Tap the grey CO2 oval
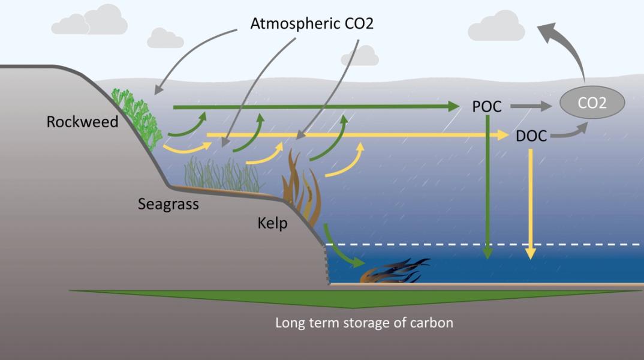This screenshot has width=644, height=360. pyautogui.click(x=592, y=103)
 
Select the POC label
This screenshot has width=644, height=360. pyautogui.click(x=486, y=107)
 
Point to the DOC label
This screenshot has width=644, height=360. pyautogui.click(x=531, y=136)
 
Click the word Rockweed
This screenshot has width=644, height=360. pyautogui.click(x=83, y=122)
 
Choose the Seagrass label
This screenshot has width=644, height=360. pyautogui.click(x=168, y=203)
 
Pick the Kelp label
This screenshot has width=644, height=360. pyautogui.click(x=272, y=224)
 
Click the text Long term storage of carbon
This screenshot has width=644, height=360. pyautogui.click(x=364, y=322)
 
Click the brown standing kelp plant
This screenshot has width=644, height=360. pyautogui.click(x=303, y=186)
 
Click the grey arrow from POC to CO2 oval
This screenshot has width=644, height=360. pyautogui.click(x=531, y=107)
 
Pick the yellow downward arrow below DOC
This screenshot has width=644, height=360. pyautogui.click(x=531, y=204)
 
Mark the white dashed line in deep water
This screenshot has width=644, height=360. pyautogui.click(x=480, y=245)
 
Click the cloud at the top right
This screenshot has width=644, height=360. pyautogui.click(x=495, y=27)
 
